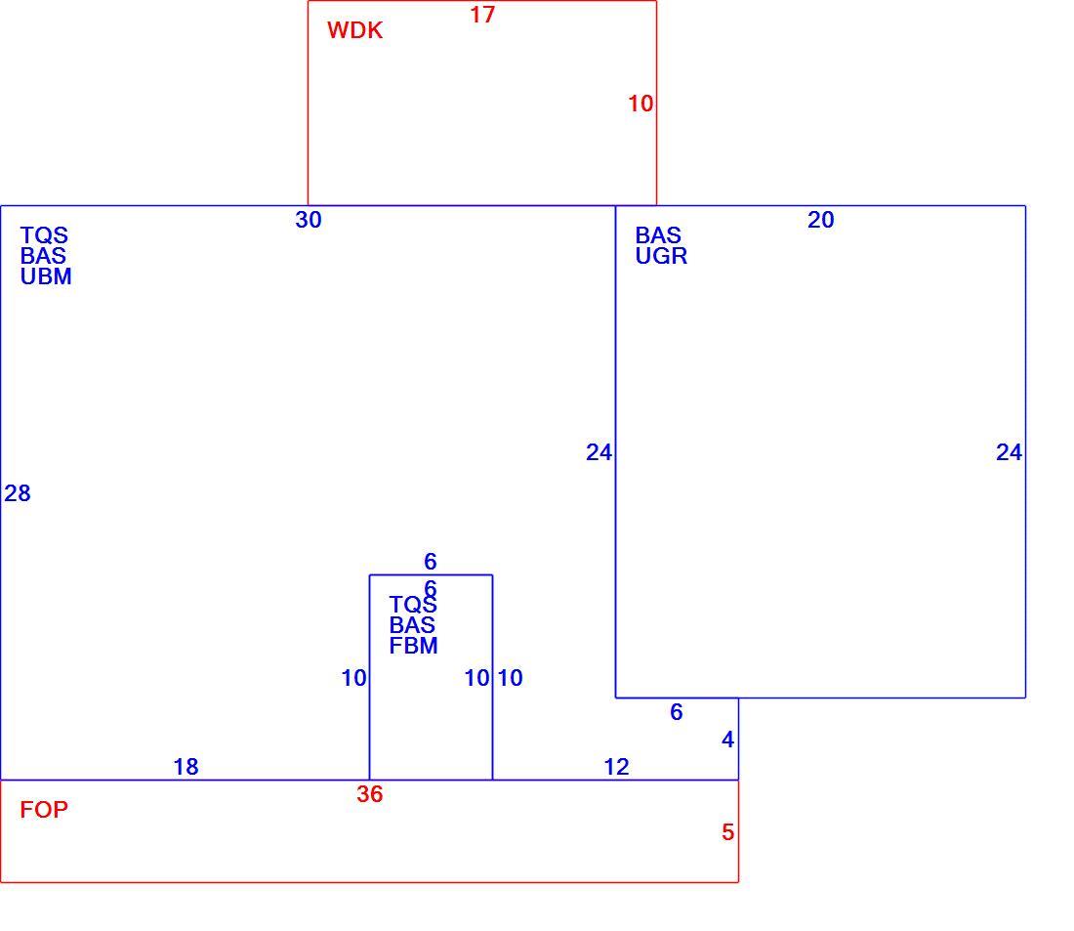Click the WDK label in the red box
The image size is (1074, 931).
coord(354,30)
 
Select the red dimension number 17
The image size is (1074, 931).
coord(482,15)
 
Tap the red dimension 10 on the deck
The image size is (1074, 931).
coord(640,104)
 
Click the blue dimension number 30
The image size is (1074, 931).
coord(309,220)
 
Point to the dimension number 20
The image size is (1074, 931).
coord(820,220)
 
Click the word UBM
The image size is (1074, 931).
coord(46,277)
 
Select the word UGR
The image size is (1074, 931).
coord(661,256)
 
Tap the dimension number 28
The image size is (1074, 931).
coord(18,493)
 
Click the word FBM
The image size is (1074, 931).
coord(413,646)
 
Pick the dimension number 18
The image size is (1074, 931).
coord(186,767)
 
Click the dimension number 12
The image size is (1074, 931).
coord(616,767)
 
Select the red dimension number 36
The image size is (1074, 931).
coord(370,794)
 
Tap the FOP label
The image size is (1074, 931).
coord(44,810)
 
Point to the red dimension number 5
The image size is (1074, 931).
coord(728,832)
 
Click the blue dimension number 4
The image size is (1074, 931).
coord(728,740)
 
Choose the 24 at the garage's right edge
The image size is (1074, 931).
coord(1009,452)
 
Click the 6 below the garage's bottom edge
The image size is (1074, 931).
coord(676,712)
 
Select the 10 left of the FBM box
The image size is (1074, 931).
coord(354,678)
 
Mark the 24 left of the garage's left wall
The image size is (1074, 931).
coord(599,452)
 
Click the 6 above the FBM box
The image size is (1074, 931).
coord(431,562)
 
